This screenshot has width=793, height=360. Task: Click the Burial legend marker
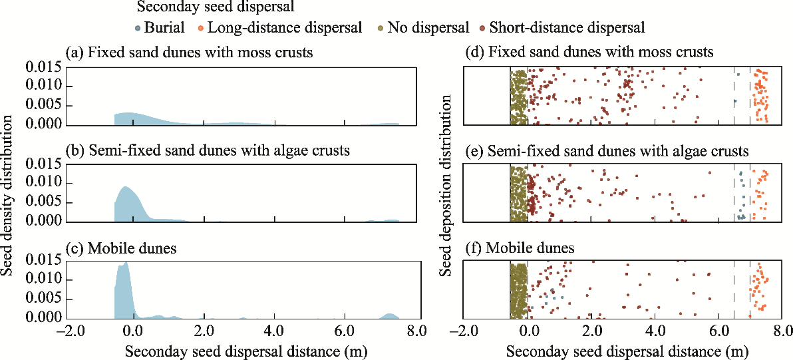(x=138, y=29)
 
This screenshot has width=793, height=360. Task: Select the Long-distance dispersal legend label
(x=285, y=28)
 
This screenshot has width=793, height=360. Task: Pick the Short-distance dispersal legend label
(x=567, y=28)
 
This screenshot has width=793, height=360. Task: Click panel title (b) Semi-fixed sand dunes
(x=208, y=150)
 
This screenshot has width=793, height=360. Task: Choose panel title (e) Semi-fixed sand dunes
(x=608, y=150)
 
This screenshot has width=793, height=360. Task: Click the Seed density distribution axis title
(x=9, y=195)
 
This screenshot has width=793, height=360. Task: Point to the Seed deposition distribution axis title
(x=447, y=186)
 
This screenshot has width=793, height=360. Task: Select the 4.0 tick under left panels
(x=273, y=331)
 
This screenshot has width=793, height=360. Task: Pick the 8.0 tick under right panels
(x=782, y=331)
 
